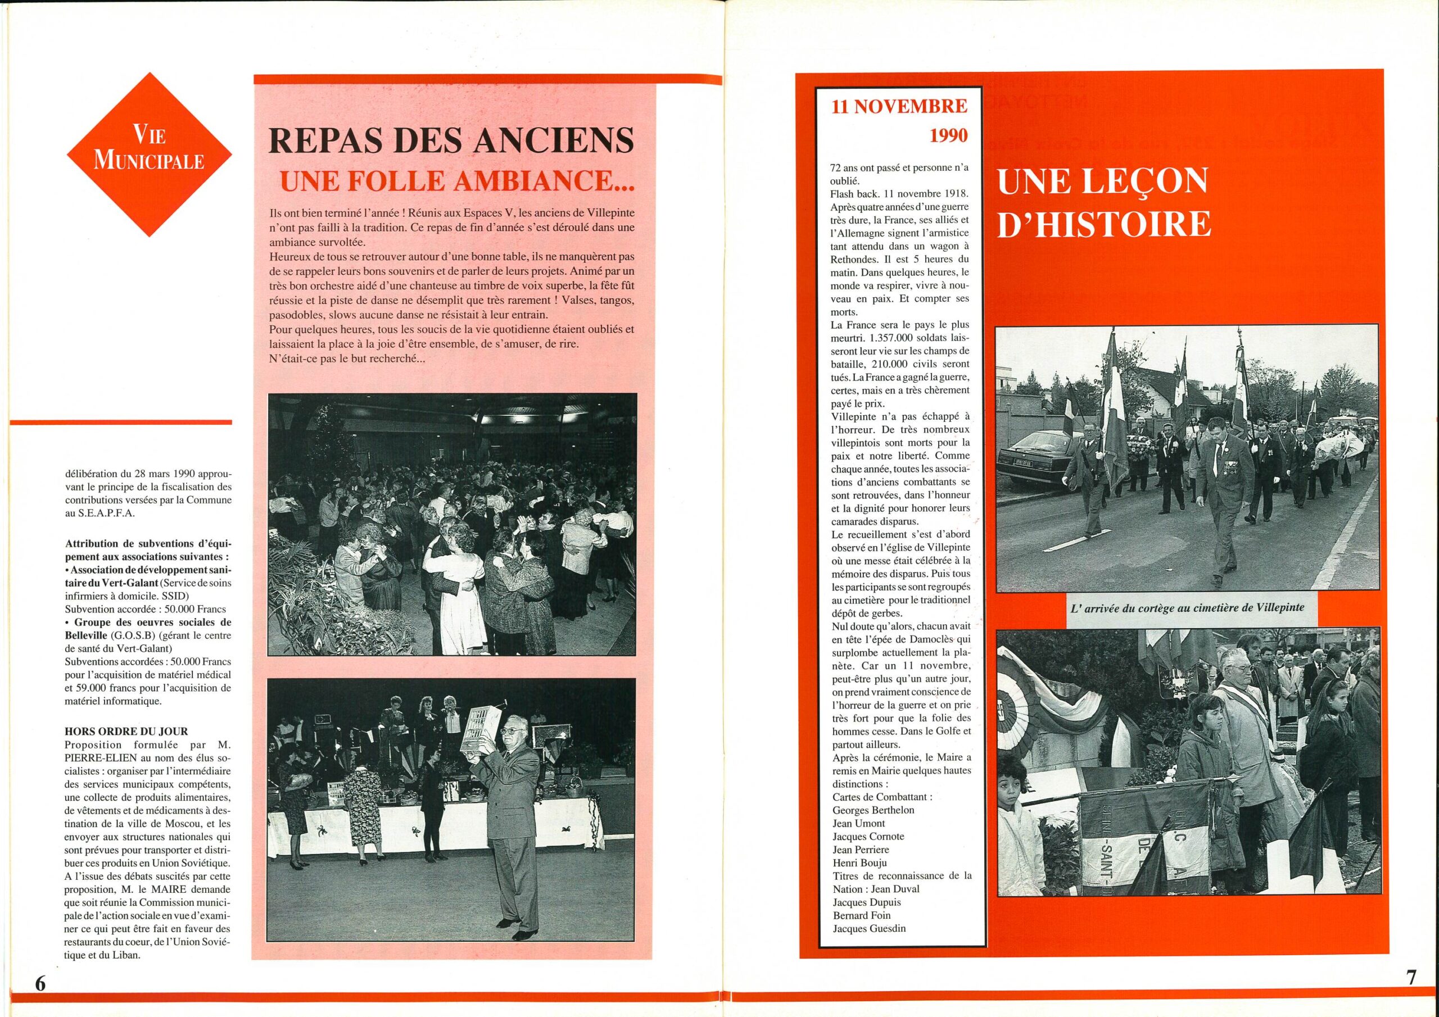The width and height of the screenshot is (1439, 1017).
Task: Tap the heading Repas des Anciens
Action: [x=451, y=142]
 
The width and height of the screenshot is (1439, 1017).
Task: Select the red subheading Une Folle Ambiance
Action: [x=456, y=181]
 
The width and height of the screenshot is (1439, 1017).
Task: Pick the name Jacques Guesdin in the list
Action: [x=870, y=929]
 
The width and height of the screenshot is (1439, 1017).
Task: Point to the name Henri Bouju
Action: [x=860, y=863]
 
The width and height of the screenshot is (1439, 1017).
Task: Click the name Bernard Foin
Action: [x=861, y=915]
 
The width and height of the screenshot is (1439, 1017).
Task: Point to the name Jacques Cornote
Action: [x=868, y=837]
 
